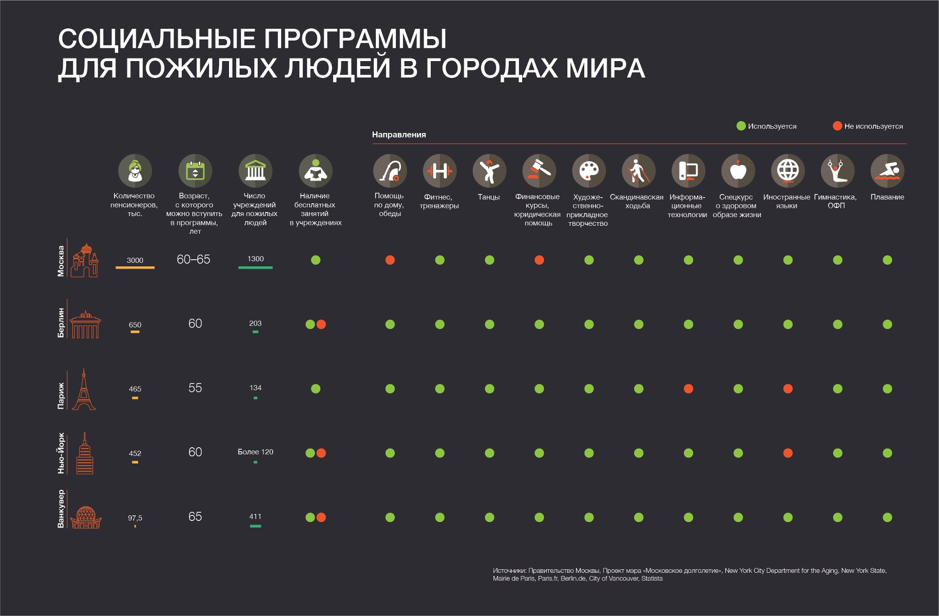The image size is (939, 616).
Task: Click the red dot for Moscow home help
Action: (x=390, y=260)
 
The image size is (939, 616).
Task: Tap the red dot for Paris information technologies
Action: (x=688, y=389)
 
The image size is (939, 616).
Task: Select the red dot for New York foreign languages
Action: (x=788, y=453)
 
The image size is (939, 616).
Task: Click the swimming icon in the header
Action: (x=887, y=171)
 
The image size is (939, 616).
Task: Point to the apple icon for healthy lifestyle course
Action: (x=738, y=171)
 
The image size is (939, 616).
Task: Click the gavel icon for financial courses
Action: (x=539, y=171)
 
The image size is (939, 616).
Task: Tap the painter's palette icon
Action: (x=589, y=171)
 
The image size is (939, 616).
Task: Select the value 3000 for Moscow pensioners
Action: (x=135, y=260)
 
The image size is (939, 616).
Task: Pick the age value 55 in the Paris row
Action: (x=195, y=388)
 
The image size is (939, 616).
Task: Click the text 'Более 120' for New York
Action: (x=255, y=452)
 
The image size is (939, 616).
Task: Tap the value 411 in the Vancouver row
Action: (x=255, y=516)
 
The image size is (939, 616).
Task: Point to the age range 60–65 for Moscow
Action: (x=194, y=260)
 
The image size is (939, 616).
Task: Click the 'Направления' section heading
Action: (x=399, y=134)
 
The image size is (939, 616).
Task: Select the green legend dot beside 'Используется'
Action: (x=741, y=126)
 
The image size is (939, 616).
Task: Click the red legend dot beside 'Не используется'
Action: (x=837, y=126)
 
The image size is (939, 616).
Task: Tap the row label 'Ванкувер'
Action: (x=61, y=509)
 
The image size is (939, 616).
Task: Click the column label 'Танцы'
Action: (x=489, y=197)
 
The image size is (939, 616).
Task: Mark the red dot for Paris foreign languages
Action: (x=788, y=389)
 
